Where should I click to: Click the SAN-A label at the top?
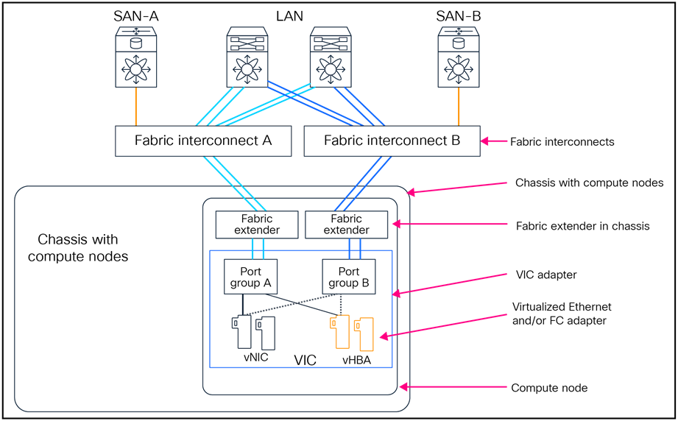[x=135, y=15]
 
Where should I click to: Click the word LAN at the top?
[x=288, y=15]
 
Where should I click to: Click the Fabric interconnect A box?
[x=203, y=141]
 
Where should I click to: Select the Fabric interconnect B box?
[x=392, y=141]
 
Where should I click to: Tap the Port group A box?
[x=251, y=277]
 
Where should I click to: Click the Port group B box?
[x=349, y=277]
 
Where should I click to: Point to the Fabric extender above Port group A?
[x=256, y=224]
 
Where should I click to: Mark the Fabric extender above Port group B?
[x=346, y=224]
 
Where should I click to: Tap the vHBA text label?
[x=356, y=361]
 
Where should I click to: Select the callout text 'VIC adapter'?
[x=546, y=275]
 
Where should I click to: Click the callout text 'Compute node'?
[x=549, y=387]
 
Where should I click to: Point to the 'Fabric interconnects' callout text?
[x=562, y=141]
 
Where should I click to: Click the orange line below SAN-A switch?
[x=136, y=108]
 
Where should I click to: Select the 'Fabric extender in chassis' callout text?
[x=583, y=226]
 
